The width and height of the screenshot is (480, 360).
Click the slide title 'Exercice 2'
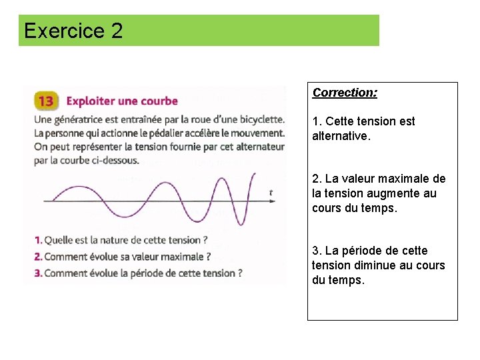coord(73,31)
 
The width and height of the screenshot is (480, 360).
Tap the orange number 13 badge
coord(46,101)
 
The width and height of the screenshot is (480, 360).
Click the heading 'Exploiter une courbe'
coord(122,101)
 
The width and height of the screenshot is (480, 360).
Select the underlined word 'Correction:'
coord(345,93)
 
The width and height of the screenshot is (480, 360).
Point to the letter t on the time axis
coord(271,193)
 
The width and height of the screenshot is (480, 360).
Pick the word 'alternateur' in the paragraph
coord(257,147)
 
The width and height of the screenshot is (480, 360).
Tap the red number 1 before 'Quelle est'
coord(38,240)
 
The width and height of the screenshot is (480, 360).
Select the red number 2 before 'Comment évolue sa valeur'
coord(39,257)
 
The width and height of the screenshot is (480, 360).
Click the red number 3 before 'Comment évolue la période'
coord(39,273)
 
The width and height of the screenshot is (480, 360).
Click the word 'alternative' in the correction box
coord(339,136)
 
